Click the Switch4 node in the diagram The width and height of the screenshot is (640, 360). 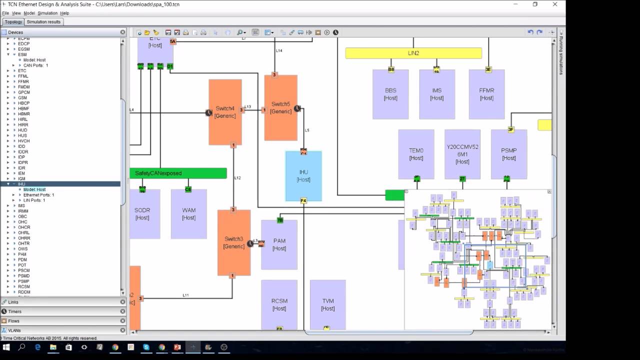(x=225, y=112)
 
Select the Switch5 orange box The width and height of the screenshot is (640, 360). (x=280, y=107)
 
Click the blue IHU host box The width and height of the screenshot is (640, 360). (x=303, y=175)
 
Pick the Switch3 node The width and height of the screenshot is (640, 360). (x=233, y=242)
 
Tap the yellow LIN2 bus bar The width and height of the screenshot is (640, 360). (x=413, y=53)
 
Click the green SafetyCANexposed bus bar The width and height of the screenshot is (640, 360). (x=178, y=173)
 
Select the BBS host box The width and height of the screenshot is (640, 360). (x=390, y=94)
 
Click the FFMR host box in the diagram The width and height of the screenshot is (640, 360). (x=486, y=94)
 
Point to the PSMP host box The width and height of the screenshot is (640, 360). (x=508, y=154)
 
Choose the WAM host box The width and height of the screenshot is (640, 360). (x=188, y=214)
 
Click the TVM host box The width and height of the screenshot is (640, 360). (x=327, y=304)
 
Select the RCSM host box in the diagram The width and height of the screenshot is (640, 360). (x=279, y=304)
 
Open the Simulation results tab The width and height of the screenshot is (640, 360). (x=43, y=22)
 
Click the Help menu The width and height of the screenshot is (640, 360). (x=64, y=13)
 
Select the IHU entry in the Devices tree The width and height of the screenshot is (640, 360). (x=21, y=184)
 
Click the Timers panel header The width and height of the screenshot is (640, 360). (x=15, y=311)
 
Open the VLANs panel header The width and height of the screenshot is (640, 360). (x=15, y=330)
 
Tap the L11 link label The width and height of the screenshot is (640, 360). (x=185, y=295)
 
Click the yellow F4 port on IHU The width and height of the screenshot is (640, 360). (x=303, y=201)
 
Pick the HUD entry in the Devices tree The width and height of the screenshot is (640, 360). (x=22, y=130)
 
